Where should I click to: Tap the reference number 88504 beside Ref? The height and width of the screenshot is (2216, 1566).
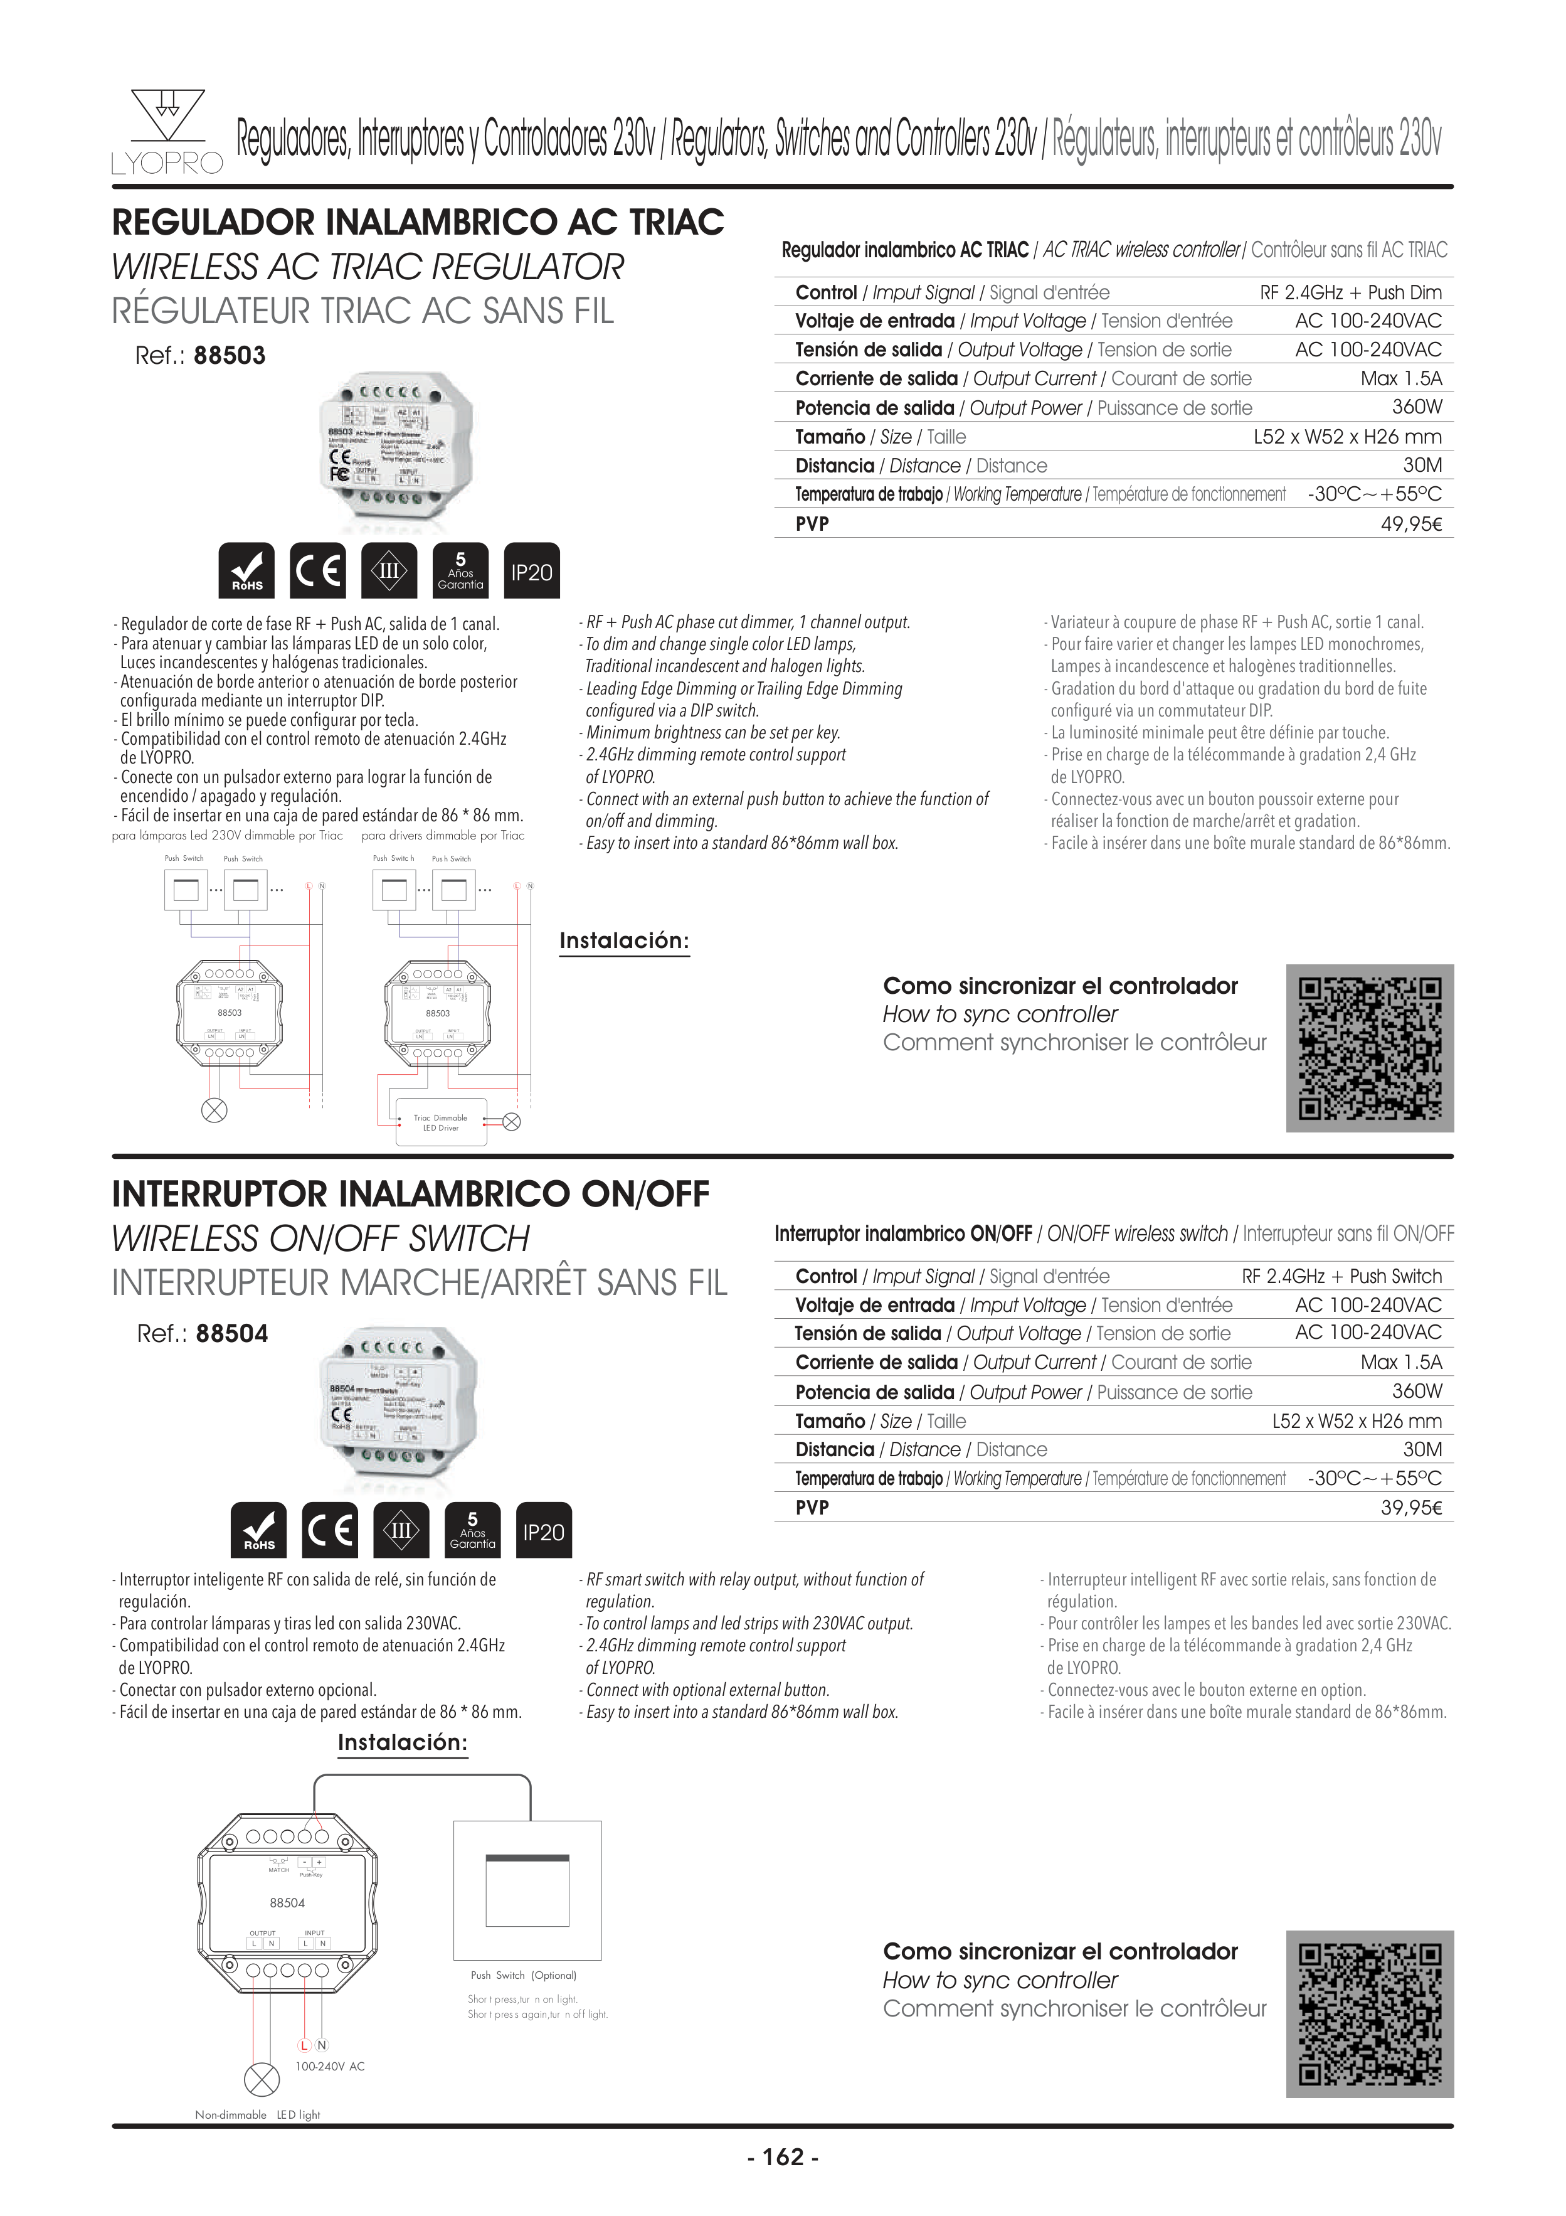pos(231,1334)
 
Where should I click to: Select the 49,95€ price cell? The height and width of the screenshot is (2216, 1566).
pos(1410,524)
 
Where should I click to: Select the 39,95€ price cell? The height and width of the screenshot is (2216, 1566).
pos(1410,1508)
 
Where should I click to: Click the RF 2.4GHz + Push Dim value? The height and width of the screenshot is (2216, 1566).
pos(1350,292)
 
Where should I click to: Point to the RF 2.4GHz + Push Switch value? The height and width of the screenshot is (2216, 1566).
pos(1341,1276)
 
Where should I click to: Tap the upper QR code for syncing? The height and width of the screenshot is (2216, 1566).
pos(1369,1048)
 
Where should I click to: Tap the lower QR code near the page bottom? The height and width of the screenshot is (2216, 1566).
pos(1369,2014)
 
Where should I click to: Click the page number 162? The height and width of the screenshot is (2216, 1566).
pos(783,2157)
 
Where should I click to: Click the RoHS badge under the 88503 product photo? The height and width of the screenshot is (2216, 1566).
pos(247,572)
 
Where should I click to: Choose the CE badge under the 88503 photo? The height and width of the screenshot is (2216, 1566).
pos(317,572)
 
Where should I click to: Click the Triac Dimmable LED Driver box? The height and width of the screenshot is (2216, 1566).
pos(441,1122)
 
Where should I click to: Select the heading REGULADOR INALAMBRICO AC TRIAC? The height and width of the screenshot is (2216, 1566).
pos(418,222)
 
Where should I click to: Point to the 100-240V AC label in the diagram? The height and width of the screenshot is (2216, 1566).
pos(329,2067)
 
